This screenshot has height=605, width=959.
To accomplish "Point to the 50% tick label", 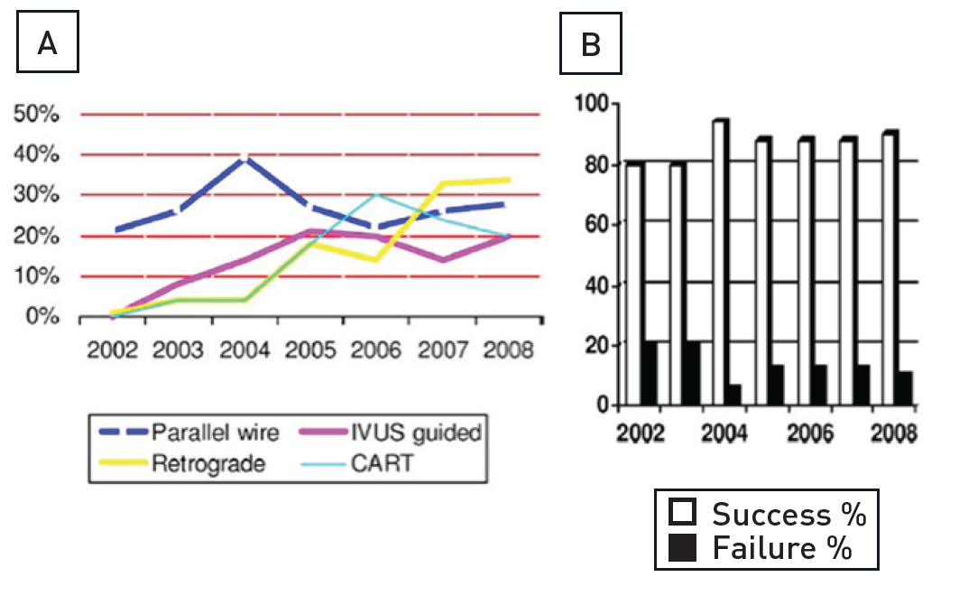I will click(x=35, y=115).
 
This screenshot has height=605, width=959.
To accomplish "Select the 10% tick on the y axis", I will click(x=35, y=276).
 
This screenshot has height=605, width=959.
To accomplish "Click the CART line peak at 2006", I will click(x=376, y=194).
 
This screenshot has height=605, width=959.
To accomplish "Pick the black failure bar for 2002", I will click(x=650, y=374).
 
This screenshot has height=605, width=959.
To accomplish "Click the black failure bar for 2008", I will click(x=905, y=388).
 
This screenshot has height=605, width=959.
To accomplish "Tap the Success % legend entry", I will click(x=767, y=515).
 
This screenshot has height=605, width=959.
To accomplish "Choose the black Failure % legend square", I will click(x=682, y=548).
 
